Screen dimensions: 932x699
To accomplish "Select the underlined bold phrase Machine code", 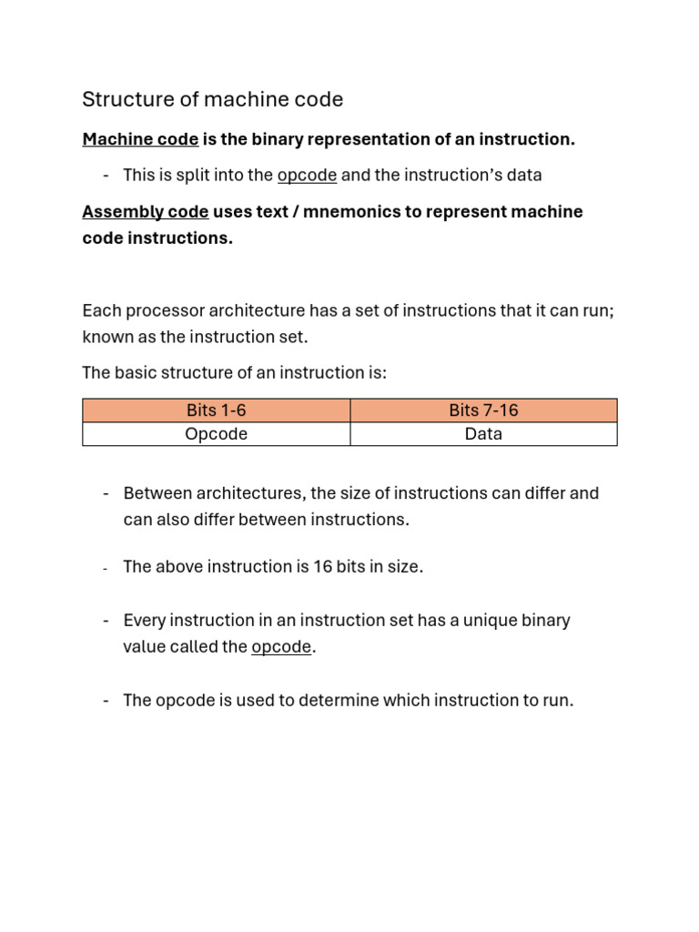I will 140,139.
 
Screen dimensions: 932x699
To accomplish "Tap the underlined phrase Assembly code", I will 146,212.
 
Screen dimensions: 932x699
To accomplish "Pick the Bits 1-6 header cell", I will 216,410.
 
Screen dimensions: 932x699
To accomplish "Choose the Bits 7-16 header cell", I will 483,410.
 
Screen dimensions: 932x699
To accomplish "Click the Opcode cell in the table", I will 216,434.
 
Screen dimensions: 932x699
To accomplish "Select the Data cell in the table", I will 483,434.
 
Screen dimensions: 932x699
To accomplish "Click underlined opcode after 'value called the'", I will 281,647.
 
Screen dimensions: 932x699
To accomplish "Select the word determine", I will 339,701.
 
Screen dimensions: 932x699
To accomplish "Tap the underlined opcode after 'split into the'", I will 307,175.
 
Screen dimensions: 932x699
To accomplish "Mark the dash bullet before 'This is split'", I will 106,175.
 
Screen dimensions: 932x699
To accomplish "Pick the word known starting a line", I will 106,337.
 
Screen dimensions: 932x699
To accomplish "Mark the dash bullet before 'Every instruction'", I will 106,621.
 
